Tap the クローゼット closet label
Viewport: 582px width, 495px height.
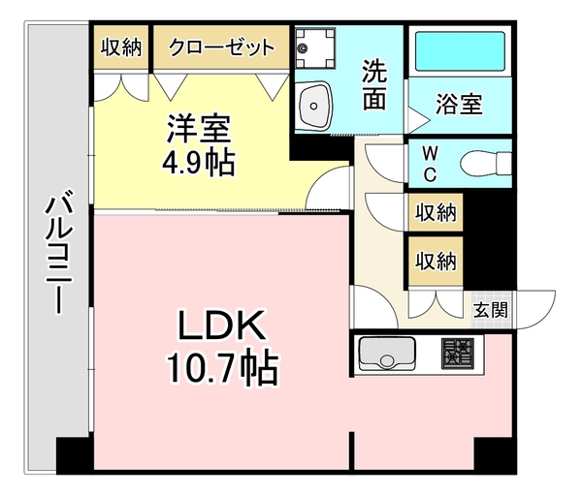click(221, 46)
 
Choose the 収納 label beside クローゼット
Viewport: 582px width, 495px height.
click(122, 46)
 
